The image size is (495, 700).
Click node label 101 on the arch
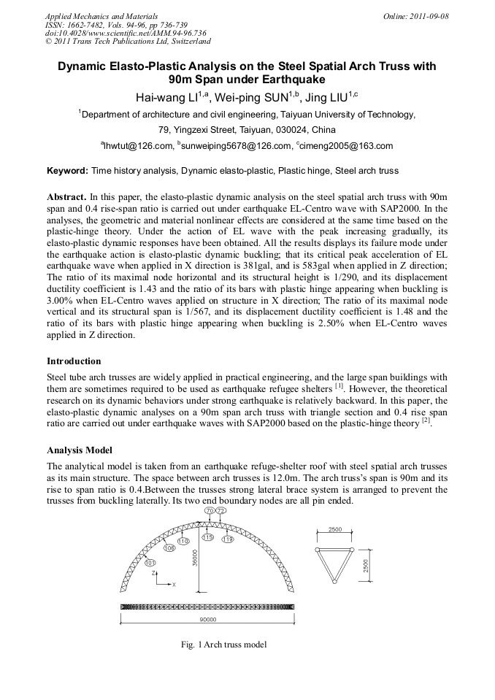(x=150, y=563)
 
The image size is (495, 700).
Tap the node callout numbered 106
(x=169, y=548)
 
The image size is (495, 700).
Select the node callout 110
(x=183, y=541)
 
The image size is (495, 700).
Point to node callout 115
(x=207, y=537)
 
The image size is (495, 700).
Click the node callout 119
(x=227, y=539)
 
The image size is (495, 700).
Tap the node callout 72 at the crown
(x=220, y=511)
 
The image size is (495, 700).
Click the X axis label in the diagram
(x=173, y=585)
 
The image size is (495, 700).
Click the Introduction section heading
(x=74, y=361)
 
